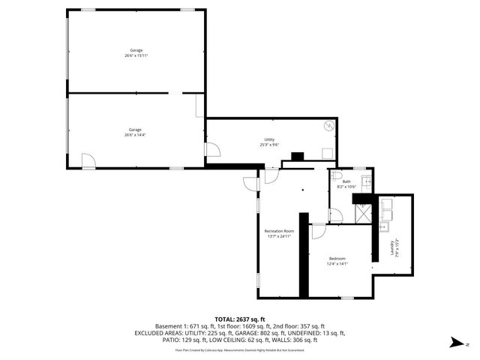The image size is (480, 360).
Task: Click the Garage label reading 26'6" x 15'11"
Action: [x=135, y=52]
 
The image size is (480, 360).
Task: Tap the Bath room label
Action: [x=346, y=184]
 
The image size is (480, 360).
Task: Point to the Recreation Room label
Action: [x=278, y=233]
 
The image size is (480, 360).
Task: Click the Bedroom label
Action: [x=337, y=261]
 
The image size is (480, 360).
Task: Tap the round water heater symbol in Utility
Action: [x=328, y=127]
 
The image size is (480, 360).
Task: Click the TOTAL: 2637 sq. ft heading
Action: [x=240, y=319]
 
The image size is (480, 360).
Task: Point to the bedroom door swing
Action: [x=319, y=232]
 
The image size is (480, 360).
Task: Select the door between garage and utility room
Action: [x=212, y=150]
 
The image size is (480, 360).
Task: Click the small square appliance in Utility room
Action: [x=327, y=152]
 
